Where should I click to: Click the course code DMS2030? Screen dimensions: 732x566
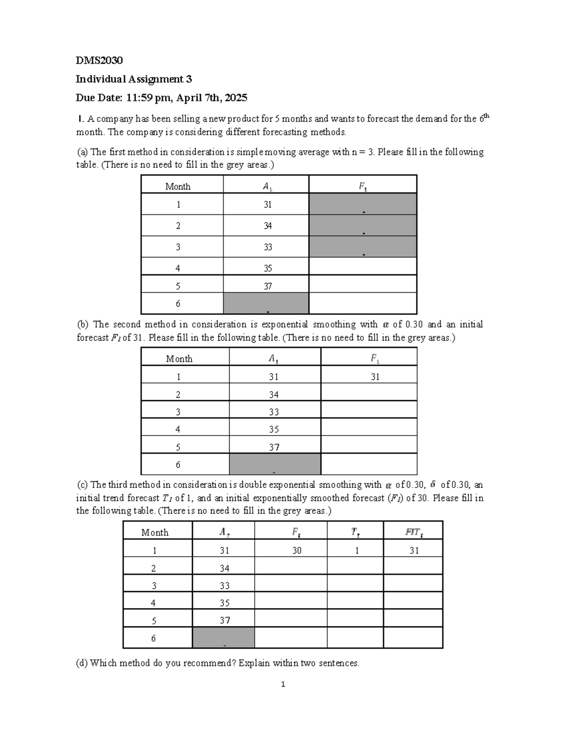click(x=99, y=60)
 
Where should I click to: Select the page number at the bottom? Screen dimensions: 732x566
click(x=283, y=684)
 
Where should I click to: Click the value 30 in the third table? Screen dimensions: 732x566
click(x=297, y=550)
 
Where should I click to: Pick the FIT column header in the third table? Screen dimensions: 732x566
click(x=414, y=532)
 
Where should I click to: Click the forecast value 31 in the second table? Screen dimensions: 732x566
click(x=375, y=377)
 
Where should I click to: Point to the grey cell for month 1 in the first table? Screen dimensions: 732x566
click(x=363, y=204)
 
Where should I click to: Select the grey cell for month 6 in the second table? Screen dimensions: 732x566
click(x=275, y=464)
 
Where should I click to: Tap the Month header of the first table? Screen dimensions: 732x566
click(x=178, y=186)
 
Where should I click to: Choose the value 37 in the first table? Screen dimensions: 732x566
click(x=268, y=286)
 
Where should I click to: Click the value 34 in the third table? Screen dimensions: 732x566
click(x=225, y=568)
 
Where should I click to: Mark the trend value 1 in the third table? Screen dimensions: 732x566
click(x=357, y=550)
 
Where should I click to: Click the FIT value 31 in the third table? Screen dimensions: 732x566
click(x=414, y=550)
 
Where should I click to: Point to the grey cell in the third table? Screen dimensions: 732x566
click(x=224, y=638)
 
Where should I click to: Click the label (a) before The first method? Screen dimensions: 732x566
click(x=83, y=152)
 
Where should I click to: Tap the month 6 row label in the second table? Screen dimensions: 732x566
click(x=178, y=464)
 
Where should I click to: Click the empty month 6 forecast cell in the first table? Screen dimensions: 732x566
click(x=363, y=304)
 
